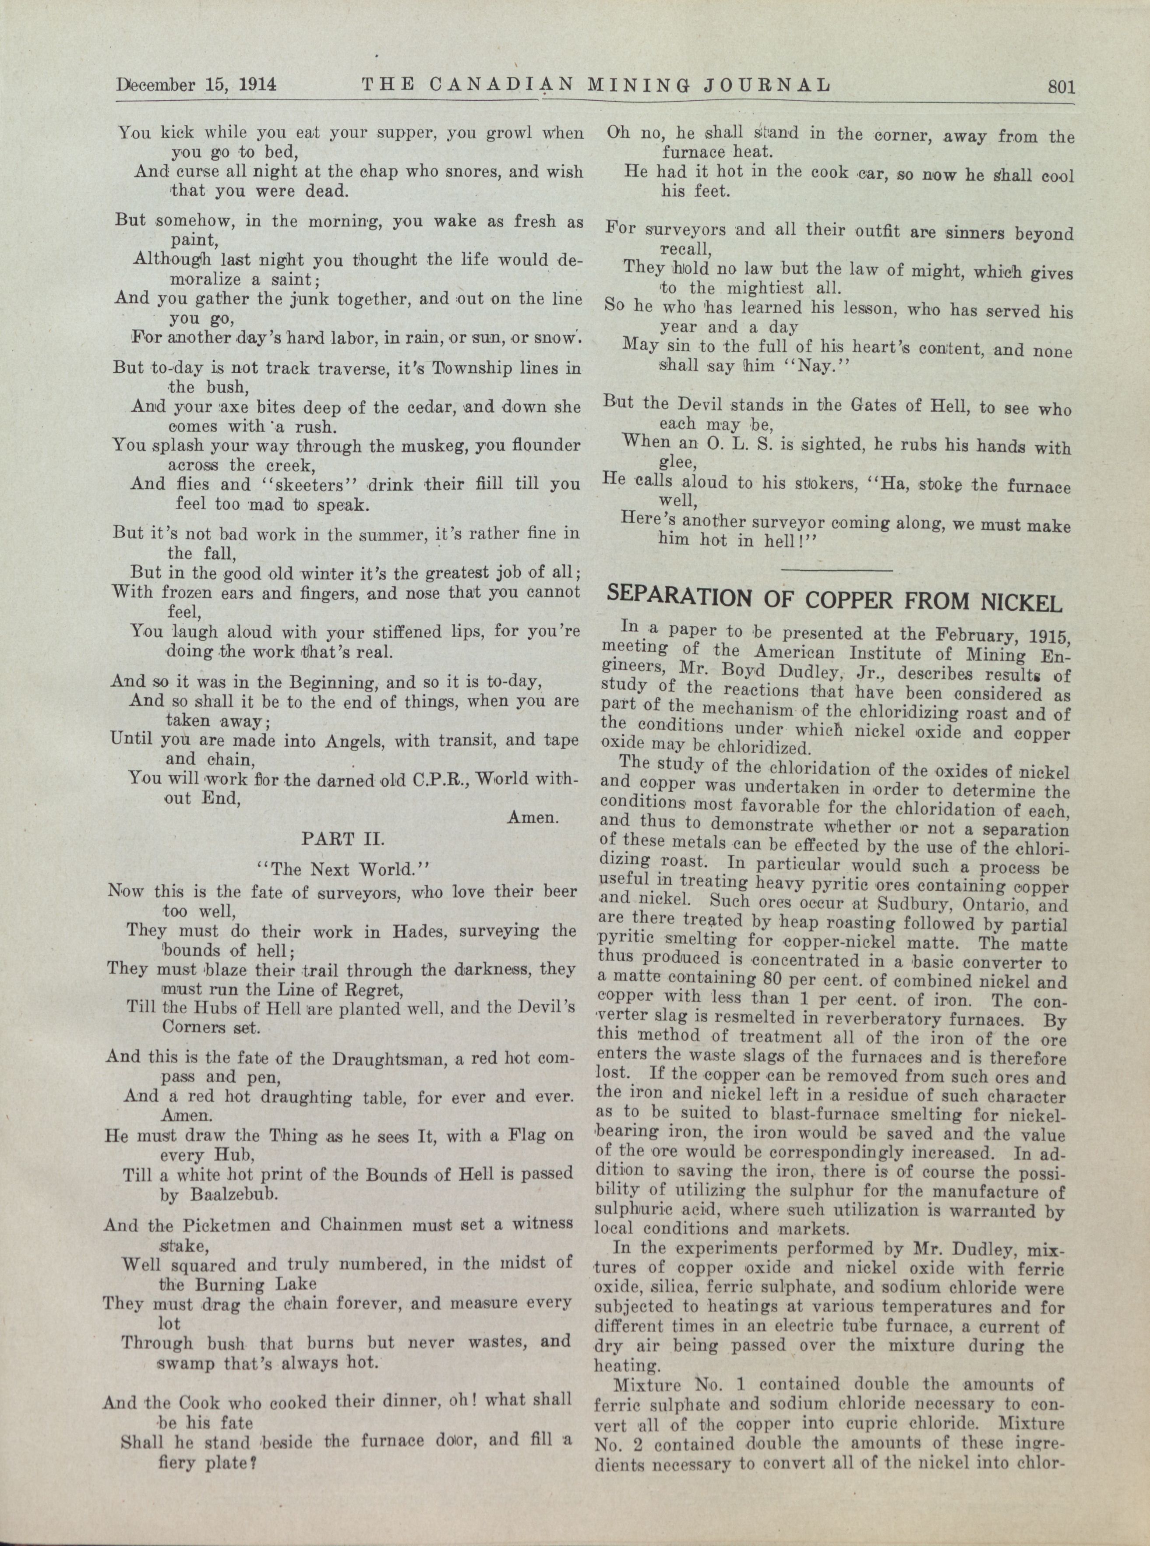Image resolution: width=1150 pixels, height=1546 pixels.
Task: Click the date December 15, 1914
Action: [197, 85]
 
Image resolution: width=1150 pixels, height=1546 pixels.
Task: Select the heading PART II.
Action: [339, 838]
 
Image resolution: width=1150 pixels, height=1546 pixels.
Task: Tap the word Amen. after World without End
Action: [533, 818]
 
